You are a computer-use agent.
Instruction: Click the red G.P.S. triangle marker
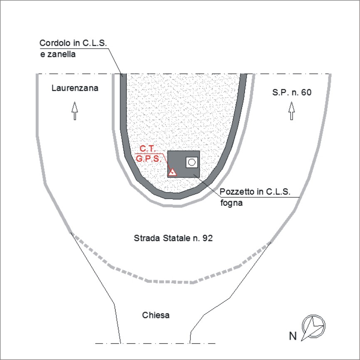pos(172,172)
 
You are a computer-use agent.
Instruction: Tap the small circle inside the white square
pos(192,162)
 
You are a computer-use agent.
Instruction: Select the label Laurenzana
pos(75,88)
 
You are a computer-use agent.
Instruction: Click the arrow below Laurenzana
pos(74,111)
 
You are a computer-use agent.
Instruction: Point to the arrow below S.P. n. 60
pos(291,111)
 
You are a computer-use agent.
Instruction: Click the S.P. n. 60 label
pos(292,92)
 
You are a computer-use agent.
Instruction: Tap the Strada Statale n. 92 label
pos(173,238)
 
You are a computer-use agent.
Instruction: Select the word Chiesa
pos(155,315)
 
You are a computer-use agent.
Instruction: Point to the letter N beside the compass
pos(293,336)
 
